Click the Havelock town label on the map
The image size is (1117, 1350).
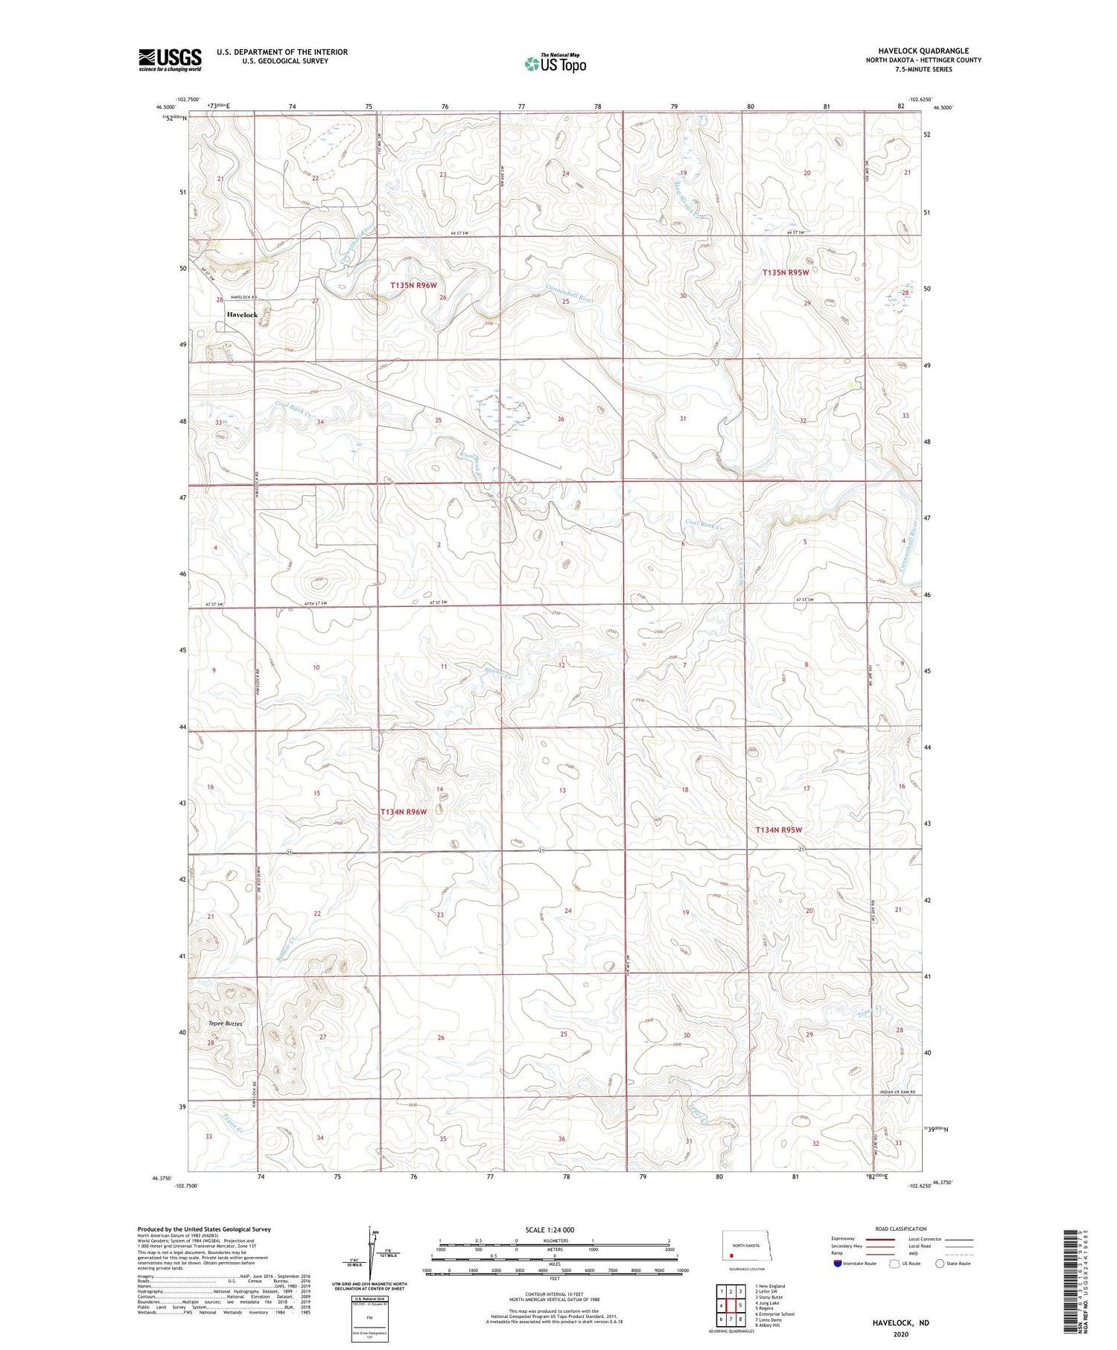coord(242,315)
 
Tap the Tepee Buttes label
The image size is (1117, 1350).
coord(225,1024)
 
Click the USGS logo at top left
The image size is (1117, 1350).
coord(170,60)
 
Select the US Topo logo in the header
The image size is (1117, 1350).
coord(556,64)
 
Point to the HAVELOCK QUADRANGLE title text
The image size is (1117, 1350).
coord(923,51)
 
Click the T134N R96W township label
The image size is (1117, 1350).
coord(404,812)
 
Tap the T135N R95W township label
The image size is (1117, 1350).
coord(785,273)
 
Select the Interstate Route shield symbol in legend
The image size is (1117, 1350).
coord(838,1264)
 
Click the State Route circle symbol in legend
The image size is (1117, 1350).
coord(940,1264)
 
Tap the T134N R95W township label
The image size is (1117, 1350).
coord(779,830)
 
